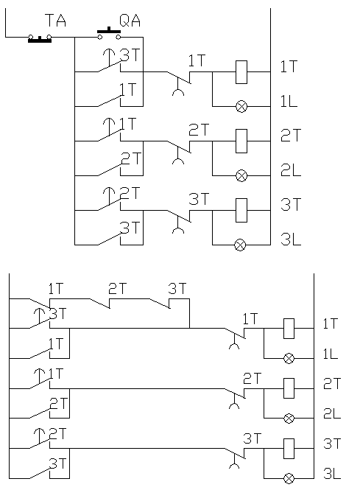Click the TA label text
pos(55,21)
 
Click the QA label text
pos(130,21)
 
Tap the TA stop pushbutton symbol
pos(40,38)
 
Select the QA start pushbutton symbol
pos(109,34)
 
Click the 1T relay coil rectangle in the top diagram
pos(241,72)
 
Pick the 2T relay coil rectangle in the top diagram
pos(241,141)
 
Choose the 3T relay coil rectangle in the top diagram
pos(241,210)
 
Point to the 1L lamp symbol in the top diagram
pos(241,107)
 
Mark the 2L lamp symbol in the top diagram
pos(241,175)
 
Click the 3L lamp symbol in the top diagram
pos(240,245)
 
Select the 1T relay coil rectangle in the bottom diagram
pos(289,329)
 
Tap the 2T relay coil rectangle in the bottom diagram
pos(289,388)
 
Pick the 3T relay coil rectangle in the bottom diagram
pos(289,449)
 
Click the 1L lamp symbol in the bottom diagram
pos(289,358)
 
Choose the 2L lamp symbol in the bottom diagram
pos(289,418)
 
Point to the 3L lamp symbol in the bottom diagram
pos(289,478)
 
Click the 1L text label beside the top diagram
pos(289,101)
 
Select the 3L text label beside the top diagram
pos(291,239)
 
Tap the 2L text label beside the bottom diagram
pos(332,413)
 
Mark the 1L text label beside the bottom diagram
pos(331,354)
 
